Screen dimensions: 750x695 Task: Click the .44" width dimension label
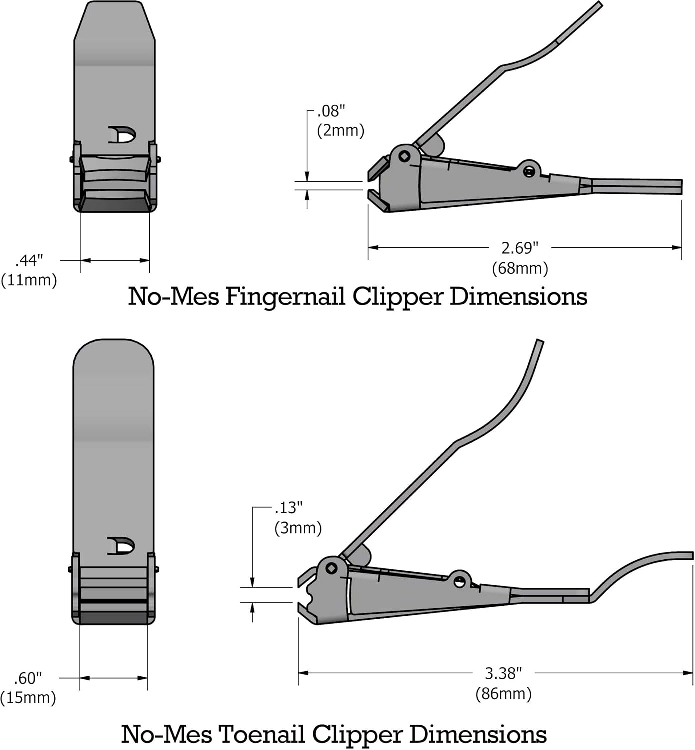click(30, 260)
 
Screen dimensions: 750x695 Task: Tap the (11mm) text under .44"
click(29, 280)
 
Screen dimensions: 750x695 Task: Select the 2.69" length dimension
click(520, 247)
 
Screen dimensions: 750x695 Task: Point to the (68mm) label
click(520, 268)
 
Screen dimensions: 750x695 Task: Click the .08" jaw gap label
click(331, 111)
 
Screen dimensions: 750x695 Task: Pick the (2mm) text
click(340, 130)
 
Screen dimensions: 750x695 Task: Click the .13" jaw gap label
click(289, 508)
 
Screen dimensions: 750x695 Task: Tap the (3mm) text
click(298, 528)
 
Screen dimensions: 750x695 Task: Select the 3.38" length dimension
click(503, 673)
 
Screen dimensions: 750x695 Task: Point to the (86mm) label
click(503, 694)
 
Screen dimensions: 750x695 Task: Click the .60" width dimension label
click(28, 678)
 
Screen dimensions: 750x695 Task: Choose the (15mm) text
click(28, 698)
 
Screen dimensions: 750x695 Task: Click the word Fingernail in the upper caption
click(285, 296)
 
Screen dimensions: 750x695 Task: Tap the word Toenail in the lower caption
click(262, 734)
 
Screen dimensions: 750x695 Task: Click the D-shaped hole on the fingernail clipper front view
click(122, 135)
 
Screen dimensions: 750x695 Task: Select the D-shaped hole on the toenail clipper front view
click(122, 546)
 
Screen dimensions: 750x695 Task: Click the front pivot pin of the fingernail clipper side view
click(404, 156)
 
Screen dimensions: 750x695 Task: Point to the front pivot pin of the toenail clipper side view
click(331, 568)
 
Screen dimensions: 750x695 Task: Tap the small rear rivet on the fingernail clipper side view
click(529, 172)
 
